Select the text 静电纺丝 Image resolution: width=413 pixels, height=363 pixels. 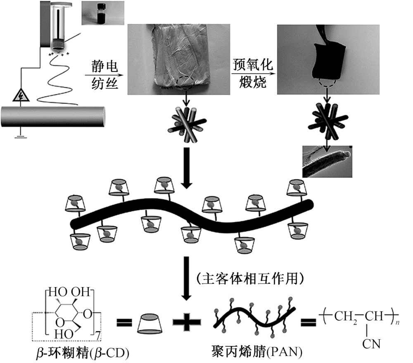point(103,74)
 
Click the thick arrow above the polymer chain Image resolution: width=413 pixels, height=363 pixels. point(186,170)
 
